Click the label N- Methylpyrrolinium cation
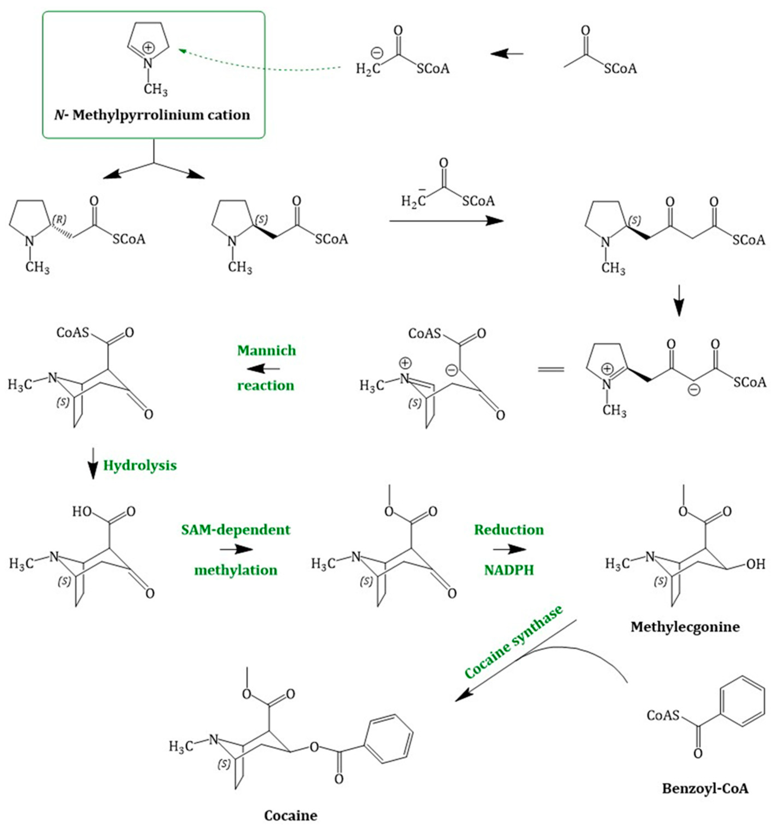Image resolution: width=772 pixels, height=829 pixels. (152, 115)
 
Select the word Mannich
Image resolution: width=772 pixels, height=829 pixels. (266, 350)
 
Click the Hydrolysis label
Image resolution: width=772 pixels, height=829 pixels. (140, 466)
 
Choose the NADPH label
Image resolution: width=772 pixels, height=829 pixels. (509, 570)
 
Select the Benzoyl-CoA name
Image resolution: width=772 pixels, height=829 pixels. (705, 788)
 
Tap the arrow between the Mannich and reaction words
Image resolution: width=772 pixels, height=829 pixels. (264, 368)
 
